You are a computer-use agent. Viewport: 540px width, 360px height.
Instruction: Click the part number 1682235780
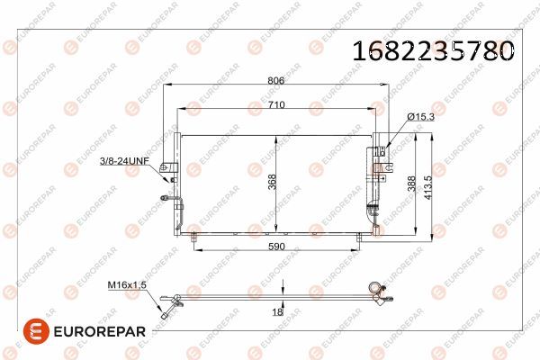coord(433,51)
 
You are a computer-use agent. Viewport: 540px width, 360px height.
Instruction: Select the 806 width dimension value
coord(276,80)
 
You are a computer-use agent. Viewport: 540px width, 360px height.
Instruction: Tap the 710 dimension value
coord(276,104)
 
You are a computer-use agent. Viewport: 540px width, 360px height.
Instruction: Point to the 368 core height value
coord(272,182)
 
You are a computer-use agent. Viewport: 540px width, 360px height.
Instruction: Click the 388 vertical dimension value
coord(411,184)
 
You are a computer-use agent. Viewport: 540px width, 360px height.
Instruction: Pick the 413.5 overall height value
coord(427,188)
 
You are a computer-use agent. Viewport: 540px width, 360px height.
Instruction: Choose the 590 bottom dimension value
coord(276,247)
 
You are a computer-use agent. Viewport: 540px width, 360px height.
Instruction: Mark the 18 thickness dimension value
coord(277,312)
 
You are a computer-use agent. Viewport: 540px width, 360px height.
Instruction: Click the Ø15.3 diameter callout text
coord(420,117)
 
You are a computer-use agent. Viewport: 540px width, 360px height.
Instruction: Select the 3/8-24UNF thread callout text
coord(124,161)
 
